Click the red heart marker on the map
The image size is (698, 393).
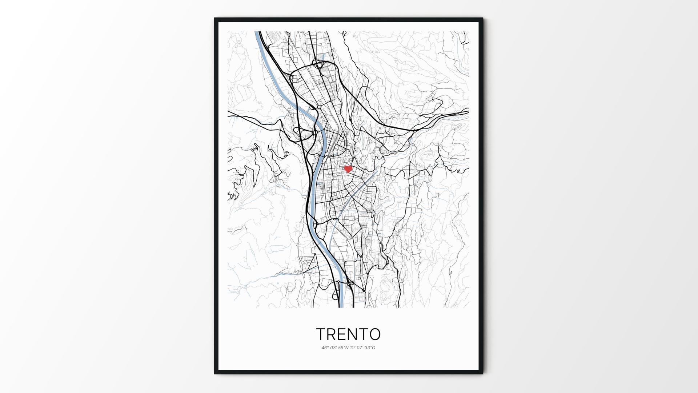click(x=348, y=169)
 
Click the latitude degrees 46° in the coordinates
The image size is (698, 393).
click(x=325, y=348)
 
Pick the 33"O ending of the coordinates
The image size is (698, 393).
click(x=370, y=348)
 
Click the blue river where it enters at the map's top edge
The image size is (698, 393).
click(x=257, y=33)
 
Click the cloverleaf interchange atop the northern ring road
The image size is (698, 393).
click(x=319, y=65)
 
